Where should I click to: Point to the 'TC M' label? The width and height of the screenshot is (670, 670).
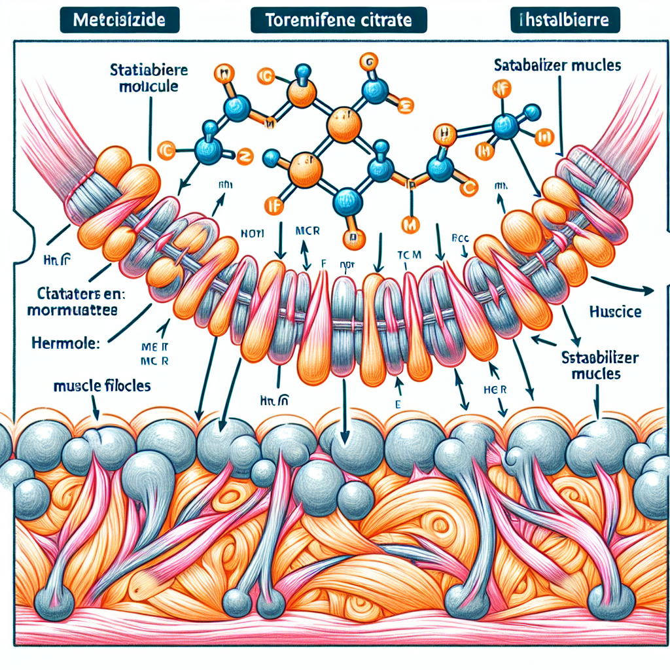[x=409, y=253]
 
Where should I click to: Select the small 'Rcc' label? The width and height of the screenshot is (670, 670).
[x=463, y=239]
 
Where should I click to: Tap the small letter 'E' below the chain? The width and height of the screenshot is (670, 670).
[x=398, y=404]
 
